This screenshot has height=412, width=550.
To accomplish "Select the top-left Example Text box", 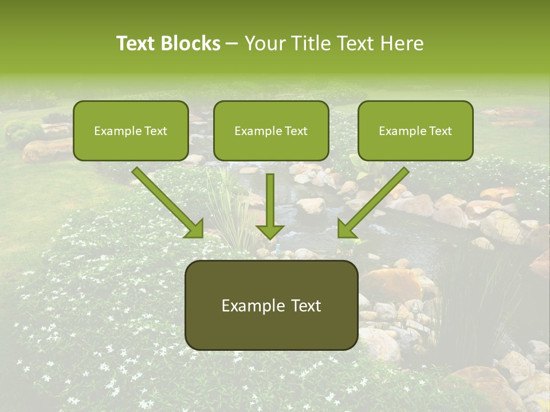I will coord(131,130).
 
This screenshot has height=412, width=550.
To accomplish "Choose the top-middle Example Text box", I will coord(271,130).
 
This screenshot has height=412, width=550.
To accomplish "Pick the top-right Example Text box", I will coord(415,130).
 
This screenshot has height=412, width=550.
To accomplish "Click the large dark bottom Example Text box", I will coord(272,305).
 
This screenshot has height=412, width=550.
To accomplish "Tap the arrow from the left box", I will coord(166,201).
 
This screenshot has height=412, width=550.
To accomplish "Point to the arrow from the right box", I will coord(375,201).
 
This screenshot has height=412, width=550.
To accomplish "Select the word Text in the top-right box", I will coord(440,131).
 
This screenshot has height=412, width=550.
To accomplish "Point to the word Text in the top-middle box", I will coord(296,131).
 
